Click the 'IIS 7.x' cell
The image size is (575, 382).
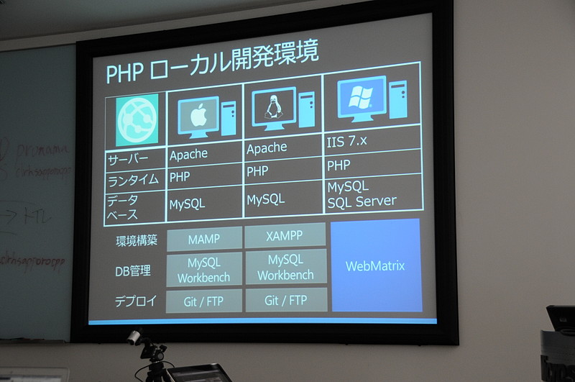pos(346,142)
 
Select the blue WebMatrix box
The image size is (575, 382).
pos(375,265)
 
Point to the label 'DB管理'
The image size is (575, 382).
pos(133,271)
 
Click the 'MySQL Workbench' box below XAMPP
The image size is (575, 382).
pos(285,267)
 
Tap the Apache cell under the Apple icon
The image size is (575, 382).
pos(189,154)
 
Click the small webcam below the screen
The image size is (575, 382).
pos(134,338)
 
